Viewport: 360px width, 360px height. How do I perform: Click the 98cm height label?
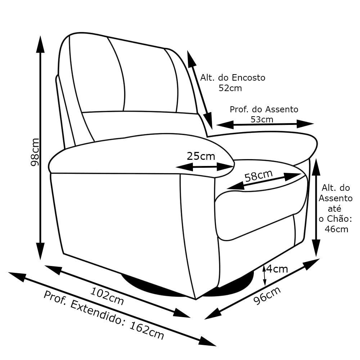[x=35, y=152]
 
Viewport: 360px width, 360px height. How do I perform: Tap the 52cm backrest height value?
[x=230, y=88]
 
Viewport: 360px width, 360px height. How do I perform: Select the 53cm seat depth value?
[x=262, y=120]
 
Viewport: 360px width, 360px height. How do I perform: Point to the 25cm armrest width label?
[x=201, y=156]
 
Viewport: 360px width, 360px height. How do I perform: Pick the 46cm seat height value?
[x=336, y=229]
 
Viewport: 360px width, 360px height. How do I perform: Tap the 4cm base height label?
[x=277, y=269]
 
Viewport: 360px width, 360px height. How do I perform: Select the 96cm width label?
[x=267, y=296]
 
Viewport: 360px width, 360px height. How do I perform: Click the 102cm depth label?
[x=107, y=296]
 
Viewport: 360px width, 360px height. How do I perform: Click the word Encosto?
[x=248, y=78]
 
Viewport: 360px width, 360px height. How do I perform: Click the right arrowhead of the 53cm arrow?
[x=305, y=124]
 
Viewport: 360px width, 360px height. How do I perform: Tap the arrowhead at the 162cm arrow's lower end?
[x=207, y=342]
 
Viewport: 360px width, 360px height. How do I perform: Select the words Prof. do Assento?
[x=264, y=109]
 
